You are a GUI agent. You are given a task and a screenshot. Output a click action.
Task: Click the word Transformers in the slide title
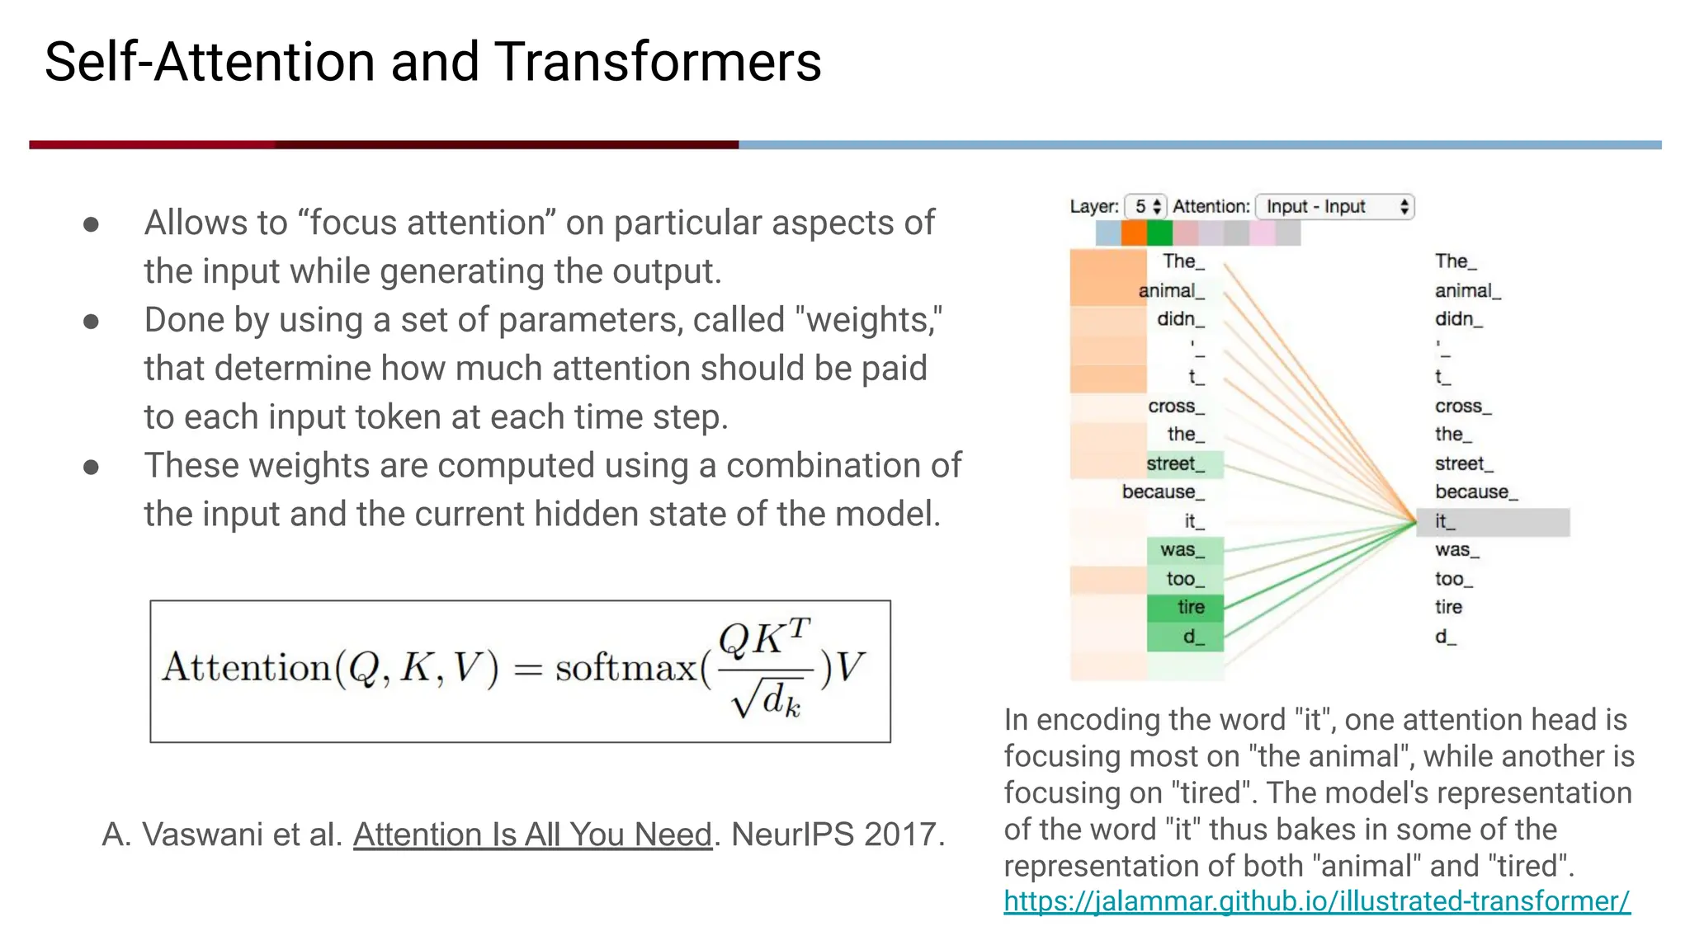658,62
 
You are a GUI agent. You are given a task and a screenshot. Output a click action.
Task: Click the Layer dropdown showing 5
1145,206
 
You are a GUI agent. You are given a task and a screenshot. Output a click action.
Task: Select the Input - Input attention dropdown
1334,206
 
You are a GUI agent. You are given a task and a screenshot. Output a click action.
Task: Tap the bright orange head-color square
1134,233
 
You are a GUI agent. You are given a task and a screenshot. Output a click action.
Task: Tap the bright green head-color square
1159,233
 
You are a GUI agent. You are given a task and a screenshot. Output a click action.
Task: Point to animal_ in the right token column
1467,290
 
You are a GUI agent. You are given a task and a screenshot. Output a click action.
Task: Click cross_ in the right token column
1462,406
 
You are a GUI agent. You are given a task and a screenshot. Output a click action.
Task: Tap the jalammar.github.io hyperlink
1316,901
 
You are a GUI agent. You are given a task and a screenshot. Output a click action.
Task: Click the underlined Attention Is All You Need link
532,835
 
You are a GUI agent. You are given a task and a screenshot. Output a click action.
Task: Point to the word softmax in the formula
625,667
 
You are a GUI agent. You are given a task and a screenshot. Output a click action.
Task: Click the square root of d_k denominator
766,702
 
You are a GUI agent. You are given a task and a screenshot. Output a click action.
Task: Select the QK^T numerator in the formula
764,638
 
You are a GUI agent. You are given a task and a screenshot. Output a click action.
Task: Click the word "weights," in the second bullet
873,320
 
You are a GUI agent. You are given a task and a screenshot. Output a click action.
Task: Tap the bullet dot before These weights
92,468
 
